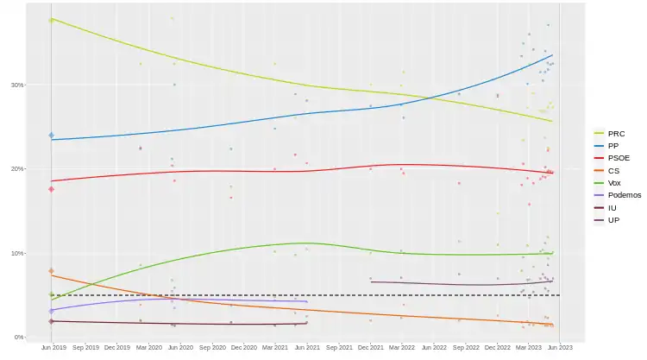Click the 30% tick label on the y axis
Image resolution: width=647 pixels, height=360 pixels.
(x=17, y=85)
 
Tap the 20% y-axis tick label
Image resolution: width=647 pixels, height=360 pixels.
(x=17, y=168)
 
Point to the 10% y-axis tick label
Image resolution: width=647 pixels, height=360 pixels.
(x=17, y=253)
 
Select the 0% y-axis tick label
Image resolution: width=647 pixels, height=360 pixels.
(x=19, y=337)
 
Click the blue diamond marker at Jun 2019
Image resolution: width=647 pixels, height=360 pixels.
(x=52, y=136)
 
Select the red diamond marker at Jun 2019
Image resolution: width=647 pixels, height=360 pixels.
(x=52, y=189)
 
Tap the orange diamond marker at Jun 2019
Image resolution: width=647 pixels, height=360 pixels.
(x=52, y=271)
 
